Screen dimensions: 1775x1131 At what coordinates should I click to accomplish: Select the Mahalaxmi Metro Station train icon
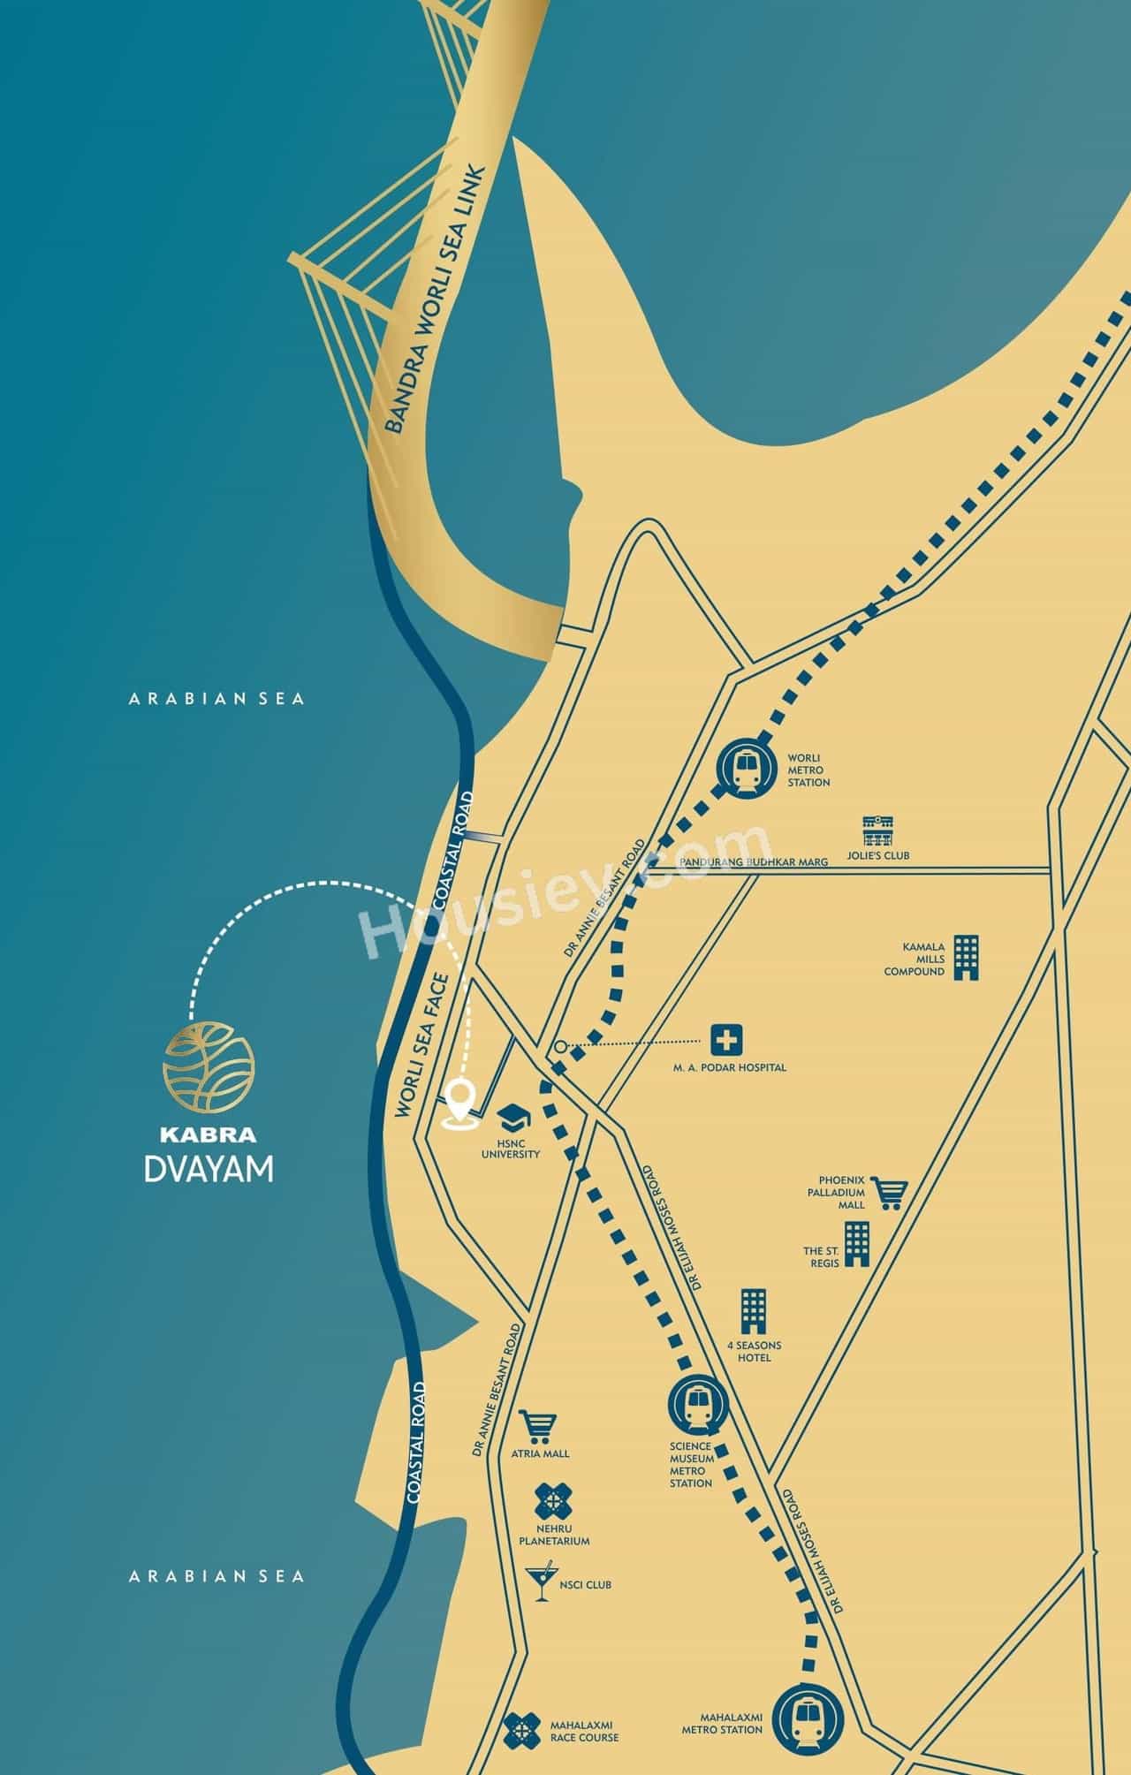(x=808, y=1719)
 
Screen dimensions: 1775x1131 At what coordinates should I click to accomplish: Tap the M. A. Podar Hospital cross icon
(x=726, y=1040)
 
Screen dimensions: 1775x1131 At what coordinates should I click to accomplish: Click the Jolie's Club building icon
(x=880, y=831)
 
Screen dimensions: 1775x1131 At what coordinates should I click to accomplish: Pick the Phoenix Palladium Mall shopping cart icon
(x=888, y=1192)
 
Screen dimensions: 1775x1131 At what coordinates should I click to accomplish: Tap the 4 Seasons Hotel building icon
(x=754, y=1312)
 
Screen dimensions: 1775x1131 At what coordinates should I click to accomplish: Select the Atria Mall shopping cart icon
(x=538, y=1427)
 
